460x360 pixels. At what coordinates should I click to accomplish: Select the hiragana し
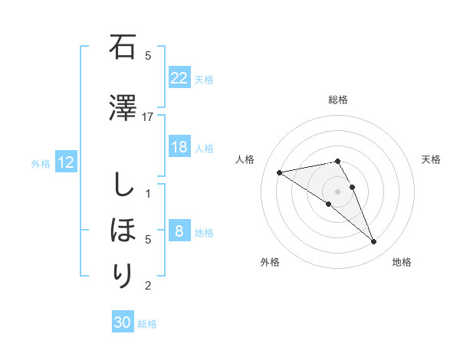click(x=123, y=185)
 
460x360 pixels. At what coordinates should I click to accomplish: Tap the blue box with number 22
click(x=179, y=78)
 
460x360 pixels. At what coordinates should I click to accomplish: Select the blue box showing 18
click(x=179, y=147)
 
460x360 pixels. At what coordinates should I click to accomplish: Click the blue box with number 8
click(x=179, y=231)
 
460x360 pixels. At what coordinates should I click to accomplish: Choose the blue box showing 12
click(x=65, y=162)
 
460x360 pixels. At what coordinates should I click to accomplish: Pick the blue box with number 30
click(x=123, y=322)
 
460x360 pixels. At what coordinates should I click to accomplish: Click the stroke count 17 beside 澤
click(x=148, y=116)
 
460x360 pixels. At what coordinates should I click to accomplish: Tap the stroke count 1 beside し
click(x=148, y=193)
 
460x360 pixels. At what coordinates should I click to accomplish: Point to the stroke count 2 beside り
click(x=148, y=286)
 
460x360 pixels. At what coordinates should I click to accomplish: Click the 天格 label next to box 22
click(x=204, y=79)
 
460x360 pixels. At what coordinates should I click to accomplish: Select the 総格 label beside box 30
click(x=148, y=324)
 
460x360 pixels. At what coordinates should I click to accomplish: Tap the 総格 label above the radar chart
click(x=338, y=100)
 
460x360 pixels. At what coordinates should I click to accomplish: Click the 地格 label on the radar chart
click(x=402, y=262)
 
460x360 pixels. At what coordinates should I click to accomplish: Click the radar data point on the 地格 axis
click(x=373, y=242)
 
